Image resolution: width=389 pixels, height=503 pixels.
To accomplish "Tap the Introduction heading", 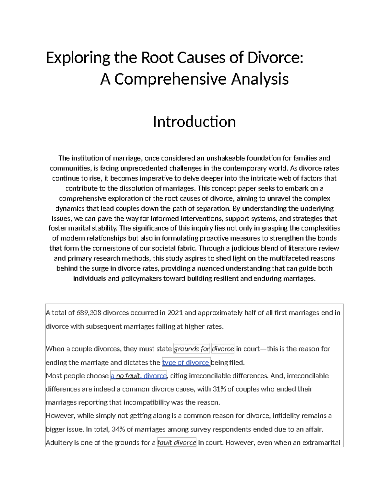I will (x=194, y=122).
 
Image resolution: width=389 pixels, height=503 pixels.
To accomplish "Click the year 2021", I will (x=175, y=313).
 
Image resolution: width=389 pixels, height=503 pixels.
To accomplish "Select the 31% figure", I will (x=219, y=389).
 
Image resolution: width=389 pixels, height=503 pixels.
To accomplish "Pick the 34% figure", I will (x=118, y=429).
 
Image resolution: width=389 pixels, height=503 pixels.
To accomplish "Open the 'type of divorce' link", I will (x=186, y=362).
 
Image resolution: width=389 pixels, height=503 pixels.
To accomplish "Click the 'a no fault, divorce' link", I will (x=138, y=376).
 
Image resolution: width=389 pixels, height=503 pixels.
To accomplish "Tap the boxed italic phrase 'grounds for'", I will (x=192, y=349).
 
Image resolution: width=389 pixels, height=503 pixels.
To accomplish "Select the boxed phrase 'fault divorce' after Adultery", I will (x=177, y=442).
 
